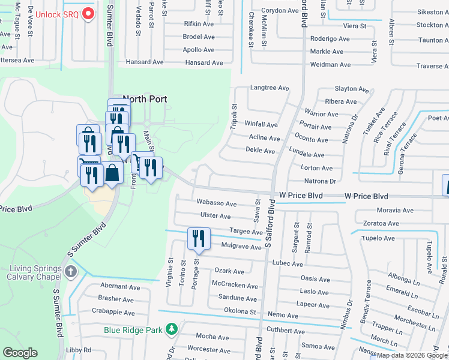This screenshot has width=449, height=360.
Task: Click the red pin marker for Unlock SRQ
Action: coord(88,13)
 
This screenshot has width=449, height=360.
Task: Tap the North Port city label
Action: coord(145,99)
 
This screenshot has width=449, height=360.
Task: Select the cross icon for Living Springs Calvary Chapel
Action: coord(71,272)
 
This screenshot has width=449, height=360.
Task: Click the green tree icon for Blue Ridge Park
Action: coord(172,329)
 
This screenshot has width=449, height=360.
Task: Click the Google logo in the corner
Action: coord(20,353)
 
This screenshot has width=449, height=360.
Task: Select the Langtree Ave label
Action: coord(270,88)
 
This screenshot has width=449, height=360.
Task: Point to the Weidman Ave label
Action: coord(330,65)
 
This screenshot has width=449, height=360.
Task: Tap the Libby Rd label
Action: coord(78,350)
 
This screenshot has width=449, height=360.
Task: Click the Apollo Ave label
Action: coord(199,50)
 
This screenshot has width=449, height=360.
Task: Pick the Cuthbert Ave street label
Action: coord(286,331)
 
